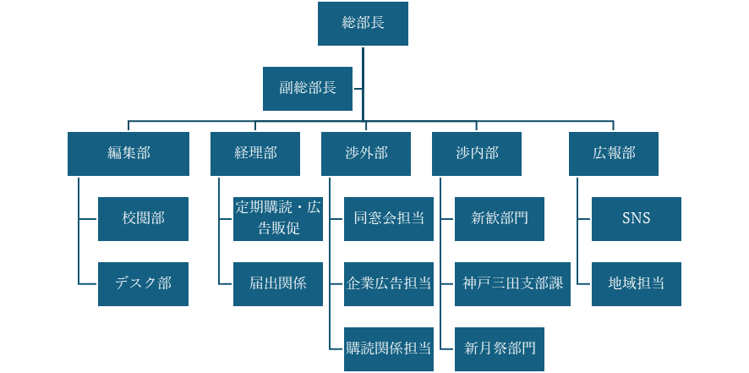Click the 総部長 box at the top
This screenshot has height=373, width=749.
point(363,23)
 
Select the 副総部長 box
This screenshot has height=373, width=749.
point(308,88)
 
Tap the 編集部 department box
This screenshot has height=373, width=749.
point(128,153)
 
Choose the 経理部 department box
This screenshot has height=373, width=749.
point(255,153)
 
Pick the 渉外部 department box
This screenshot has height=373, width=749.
point(366,153)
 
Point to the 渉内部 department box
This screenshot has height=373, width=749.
point(477,153)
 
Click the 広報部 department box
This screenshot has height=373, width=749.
point(614,153)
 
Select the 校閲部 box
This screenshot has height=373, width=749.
point(143,218)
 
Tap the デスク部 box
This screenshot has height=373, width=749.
point(143,283)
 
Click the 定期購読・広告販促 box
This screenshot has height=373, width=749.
point(278,218)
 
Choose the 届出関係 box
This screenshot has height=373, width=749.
point(278,283)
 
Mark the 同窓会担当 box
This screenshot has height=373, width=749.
point(389,218)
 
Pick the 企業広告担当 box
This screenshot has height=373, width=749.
point(389,283)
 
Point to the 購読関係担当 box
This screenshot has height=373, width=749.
point(389,348)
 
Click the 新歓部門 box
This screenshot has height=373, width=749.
point(500,218)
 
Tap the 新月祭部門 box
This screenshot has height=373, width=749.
point(500,348)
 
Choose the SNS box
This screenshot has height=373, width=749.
point(636,218)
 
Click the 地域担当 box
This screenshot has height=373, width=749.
point(636,283)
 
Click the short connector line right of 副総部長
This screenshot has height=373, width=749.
point(358,88)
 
